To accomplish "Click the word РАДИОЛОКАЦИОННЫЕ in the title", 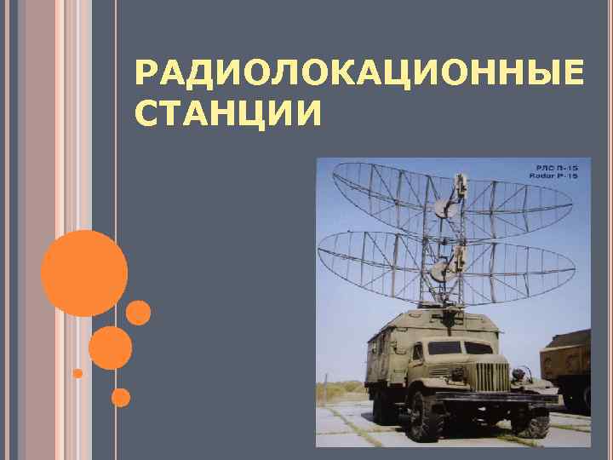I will (358, 77).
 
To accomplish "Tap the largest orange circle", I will (83, 273).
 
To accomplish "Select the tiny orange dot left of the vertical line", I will (77, 373).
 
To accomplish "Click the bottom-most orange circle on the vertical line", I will (121, 397).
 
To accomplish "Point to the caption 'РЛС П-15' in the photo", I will (557, 167).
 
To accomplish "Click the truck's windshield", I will (459, 348).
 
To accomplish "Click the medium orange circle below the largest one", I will (110, 348).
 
